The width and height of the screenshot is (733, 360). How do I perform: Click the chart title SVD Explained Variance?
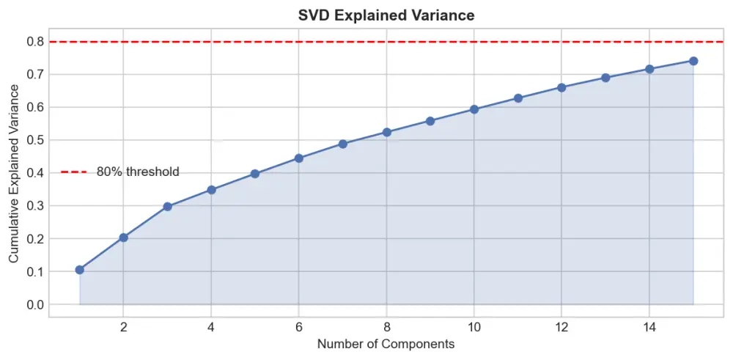(386, 15)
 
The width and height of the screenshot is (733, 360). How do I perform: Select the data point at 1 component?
(80, 270)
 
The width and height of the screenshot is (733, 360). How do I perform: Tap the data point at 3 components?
(167, 207)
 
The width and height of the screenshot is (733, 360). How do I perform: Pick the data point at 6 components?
(299, 158)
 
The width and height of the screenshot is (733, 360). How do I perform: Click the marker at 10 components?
(474, 109)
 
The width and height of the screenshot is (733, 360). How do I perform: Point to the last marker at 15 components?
(693, 61)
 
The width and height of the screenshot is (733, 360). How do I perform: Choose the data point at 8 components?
(386, 133)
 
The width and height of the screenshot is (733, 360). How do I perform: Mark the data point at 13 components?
(605, 78)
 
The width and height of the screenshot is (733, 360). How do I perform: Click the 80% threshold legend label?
(138, 172)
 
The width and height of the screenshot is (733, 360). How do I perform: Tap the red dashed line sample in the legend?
(74, 172)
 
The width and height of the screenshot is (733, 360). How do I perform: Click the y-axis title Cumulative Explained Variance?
(14, 173)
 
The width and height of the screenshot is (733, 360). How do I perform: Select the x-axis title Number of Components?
(386, 344)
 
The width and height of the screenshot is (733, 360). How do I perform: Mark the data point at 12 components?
(561, 87)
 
